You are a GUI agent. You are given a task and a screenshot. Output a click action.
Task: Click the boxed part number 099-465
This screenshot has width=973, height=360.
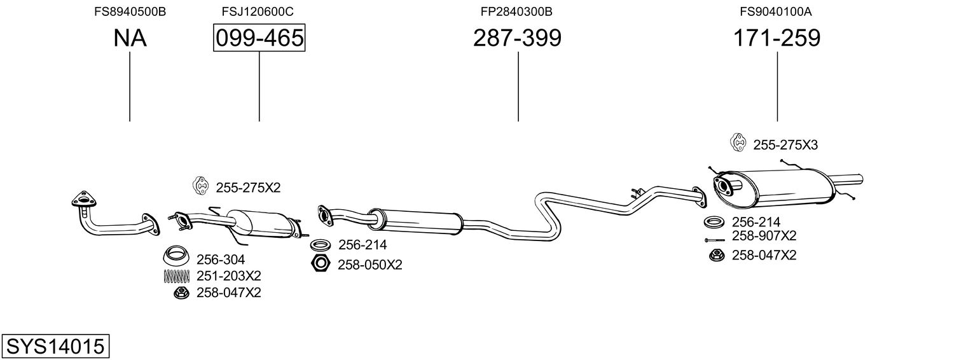(x=259, y=38)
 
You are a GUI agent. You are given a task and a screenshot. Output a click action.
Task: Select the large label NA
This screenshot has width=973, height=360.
(x=130, y=38)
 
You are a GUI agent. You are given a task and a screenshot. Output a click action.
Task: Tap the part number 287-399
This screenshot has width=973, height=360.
(x=517, y=38)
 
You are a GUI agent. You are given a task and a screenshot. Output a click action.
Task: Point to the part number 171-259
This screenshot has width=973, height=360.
(x=776, y=38)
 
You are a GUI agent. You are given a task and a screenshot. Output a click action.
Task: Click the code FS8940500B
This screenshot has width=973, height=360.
(x=130, y=11)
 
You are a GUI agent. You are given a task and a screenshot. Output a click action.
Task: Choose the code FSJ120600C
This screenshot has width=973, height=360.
(x=258, y=11)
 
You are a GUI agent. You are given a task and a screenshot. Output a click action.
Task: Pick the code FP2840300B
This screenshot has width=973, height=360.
(x=516, y=11)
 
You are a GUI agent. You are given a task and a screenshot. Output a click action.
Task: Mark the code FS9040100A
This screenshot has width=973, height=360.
(x=776, y=11)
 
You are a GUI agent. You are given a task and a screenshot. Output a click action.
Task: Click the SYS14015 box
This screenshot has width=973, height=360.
(x=55, y=347)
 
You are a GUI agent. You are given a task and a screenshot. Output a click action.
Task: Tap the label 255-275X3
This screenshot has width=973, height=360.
(x=785, y=145)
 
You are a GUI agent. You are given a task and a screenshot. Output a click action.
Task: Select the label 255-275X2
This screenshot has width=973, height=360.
(x=248, y=188)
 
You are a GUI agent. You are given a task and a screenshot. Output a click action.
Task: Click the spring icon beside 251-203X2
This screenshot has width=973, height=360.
(x=176, y=276)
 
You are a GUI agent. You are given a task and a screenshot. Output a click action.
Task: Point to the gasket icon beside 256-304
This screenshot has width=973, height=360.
(x=176, y=258)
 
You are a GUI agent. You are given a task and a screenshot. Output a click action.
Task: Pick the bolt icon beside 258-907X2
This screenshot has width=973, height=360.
(x=714, y=240)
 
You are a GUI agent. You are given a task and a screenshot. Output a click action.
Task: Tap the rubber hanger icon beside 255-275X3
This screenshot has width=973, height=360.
(x=738, y=144)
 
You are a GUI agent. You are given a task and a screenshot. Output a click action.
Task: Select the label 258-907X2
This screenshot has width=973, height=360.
(x=764, y=236)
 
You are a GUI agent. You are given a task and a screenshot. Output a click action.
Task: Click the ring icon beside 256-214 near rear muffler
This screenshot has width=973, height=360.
(x=714, y=223)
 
